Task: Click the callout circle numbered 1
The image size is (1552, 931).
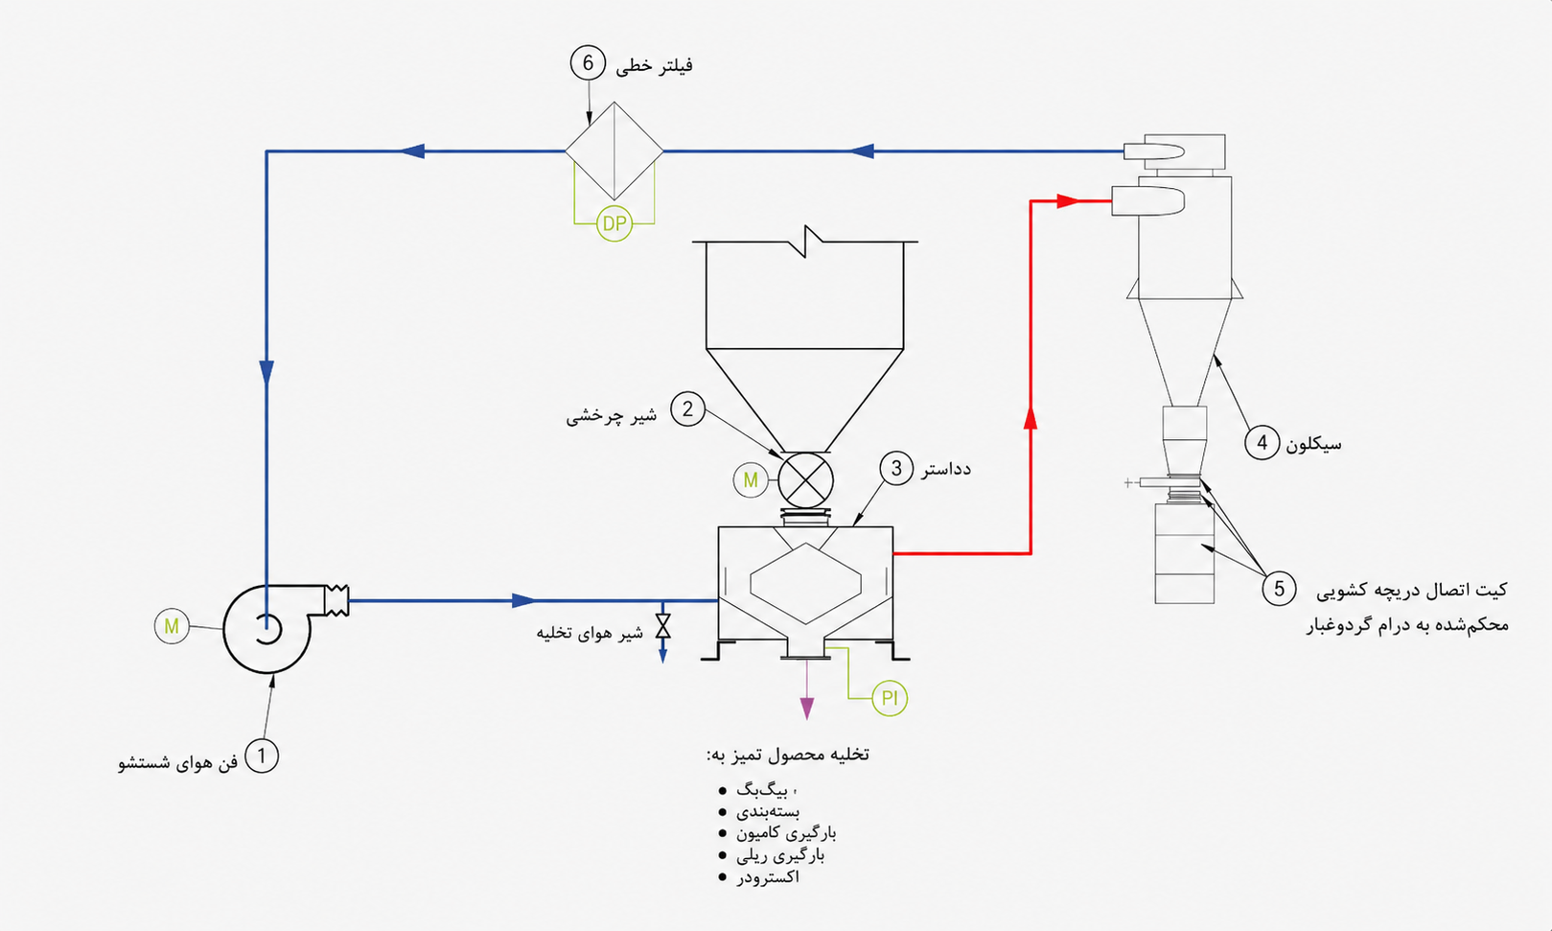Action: coord(262,756)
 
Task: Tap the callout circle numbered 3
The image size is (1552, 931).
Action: coord(896,469)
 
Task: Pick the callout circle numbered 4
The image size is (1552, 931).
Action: coord(1262,442)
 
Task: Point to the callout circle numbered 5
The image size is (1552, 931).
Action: coord(1279,589)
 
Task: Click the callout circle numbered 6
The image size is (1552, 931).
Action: coord(589,63)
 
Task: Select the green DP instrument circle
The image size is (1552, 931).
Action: coord(614,223)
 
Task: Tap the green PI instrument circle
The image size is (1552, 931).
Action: coord(890,698)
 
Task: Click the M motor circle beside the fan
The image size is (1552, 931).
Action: coord(172,626)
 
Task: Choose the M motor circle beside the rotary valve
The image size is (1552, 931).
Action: coord(751,479)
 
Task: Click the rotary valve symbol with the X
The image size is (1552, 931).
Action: coord(805,480)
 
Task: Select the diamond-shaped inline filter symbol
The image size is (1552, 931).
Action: coord(614,151)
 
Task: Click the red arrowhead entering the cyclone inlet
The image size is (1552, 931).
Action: coord(1069,201)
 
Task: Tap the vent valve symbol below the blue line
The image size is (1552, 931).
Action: coord(663,626)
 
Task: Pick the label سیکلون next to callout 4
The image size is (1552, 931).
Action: coord(1313,444)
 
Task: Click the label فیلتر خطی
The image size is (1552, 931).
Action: coord(654,66)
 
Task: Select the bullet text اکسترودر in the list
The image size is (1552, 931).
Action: coord(768,877)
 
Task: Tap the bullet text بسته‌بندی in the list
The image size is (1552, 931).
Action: coord(768,811)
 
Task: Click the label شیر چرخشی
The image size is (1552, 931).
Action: coord(611,417)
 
